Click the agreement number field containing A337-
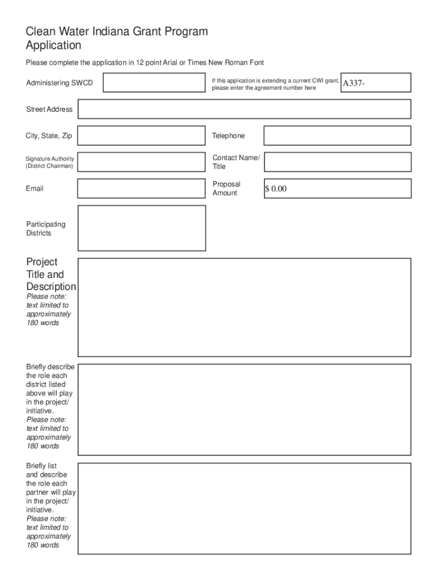tap(375, 83)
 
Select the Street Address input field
tap(244, 109)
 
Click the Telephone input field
tap(337, 136)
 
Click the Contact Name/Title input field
tap(337, 162)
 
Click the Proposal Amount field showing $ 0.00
tap(337, 188)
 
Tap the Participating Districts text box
tap(141, 228)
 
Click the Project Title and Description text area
tap(244, 307)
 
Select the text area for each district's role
tap(244, 409)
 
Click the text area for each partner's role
tap(244, 508)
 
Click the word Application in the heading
tap(53, 45)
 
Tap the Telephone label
tap(228, 136)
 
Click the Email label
tap(34, 188)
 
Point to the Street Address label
tap(49, 109)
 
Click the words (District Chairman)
tap(49, 166)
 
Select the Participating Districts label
tap(45, 229)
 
